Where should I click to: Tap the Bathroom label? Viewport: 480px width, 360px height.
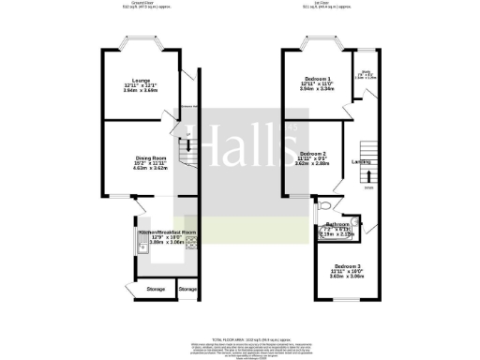click(337, 225)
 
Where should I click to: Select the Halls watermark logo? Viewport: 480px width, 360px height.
click(239, 146)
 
